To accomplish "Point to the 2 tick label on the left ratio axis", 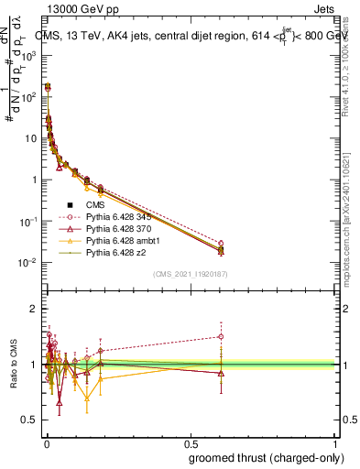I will click(33, 309).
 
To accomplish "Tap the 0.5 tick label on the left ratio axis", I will click(29, 420).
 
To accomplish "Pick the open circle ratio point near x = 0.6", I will click(221, 336).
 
